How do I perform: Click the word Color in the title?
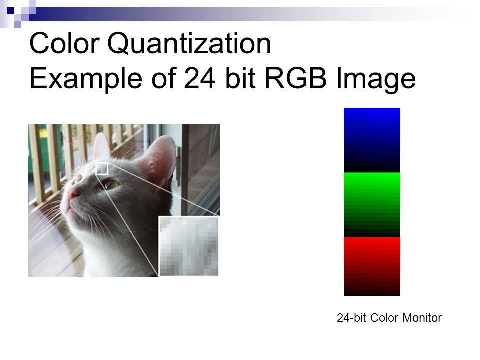point(64,44)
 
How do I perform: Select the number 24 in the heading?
point(200,78)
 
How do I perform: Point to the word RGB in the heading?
point(295,78)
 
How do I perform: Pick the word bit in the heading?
point(240,78)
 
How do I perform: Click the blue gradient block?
point(372,140)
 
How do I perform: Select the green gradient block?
point(372,205)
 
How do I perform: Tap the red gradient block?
point(372,266)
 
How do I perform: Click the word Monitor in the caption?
point(422,318)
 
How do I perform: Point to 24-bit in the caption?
point(351,318)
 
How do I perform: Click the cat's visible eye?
point(111,184)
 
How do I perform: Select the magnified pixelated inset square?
point(189,246)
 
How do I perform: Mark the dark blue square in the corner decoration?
point(10,11)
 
